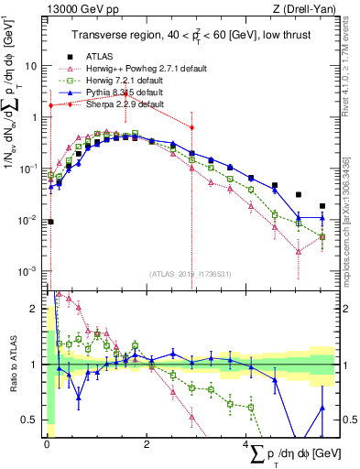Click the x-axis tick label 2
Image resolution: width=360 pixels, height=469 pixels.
[x=147, y=444]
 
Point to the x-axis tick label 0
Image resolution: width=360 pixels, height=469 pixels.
[x=46, y=444]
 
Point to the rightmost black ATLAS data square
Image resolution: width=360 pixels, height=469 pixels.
[x=322, y=206]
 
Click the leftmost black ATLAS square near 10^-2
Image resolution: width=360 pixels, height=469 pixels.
[x=51, y=221]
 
